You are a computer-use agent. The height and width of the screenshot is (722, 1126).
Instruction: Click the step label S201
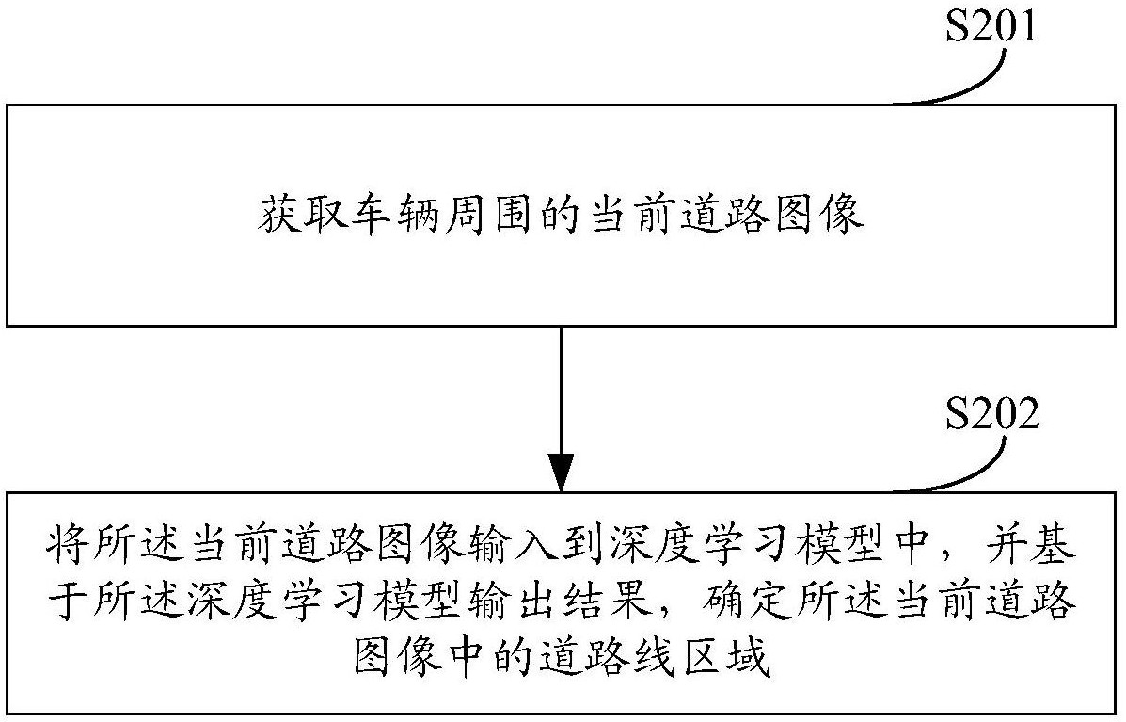point(990,27)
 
